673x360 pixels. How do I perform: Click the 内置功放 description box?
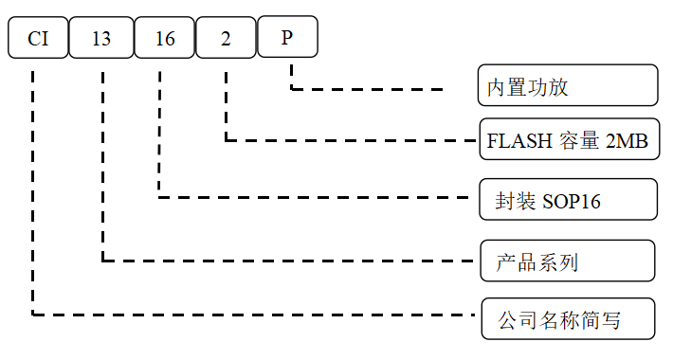567,85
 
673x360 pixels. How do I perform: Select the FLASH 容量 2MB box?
567,141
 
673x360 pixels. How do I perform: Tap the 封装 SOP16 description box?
567,199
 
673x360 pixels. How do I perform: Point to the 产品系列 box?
567,261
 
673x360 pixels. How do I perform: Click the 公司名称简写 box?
567,318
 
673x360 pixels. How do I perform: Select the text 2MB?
627,142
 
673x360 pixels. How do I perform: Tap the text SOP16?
572,201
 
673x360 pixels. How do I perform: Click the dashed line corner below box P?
290,90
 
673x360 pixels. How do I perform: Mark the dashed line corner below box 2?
226,141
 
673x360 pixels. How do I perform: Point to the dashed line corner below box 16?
159,197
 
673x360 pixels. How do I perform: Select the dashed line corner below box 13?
101,259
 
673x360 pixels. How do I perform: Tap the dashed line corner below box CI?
33,314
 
